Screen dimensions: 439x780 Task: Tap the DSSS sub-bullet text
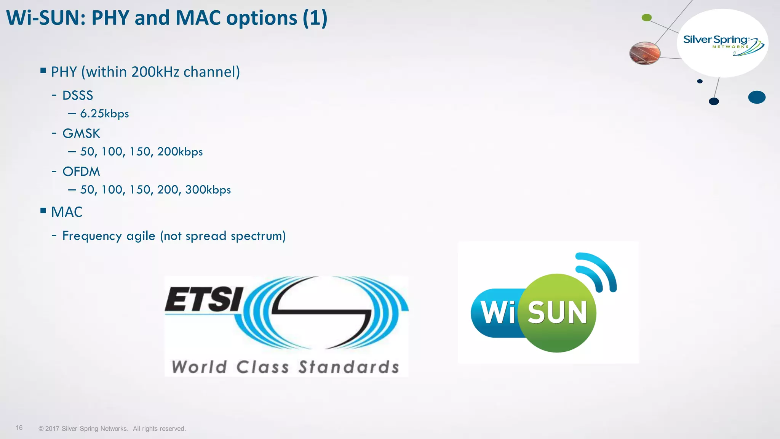78,95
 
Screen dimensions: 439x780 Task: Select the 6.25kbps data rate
104,114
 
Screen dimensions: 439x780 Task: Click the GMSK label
81,133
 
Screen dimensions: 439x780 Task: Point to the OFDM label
81,171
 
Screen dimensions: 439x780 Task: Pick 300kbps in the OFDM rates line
208,190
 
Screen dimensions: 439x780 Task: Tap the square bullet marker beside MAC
43,210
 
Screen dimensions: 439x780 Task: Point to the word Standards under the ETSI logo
348,367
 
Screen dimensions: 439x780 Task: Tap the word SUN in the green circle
557,312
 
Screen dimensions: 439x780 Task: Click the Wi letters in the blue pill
498,312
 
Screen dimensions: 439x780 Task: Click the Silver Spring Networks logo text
715,40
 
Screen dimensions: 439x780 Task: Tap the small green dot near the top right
647,18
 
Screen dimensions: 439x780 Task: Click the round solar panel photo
645,53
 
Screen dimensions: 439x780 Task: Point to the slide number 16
19,428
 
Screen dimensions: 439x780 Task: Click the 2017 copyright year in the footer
52,429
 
